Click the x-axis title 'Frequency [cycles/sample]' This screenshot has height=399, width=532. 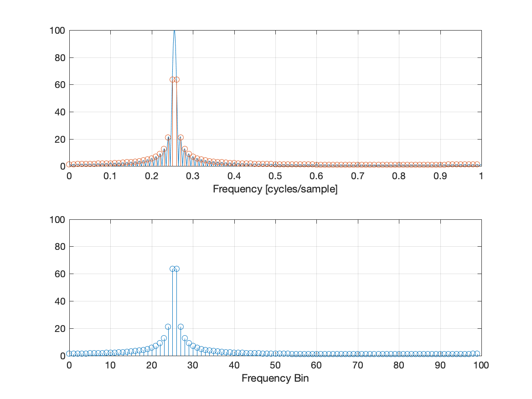(275, 189)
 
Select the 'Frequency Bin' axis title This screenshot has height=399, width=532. (275, 378)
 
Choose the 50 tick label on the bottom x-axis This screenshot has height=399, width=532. (275, 365)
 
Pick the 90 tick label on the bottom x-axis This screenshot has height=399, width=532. (440, 365)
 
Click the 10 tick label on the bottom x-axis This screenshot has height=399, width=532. (110, 365)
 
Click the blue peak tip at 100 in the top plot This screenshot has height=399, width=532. (174, 31)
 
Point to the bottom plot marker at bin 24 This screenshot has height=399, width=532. (168, 326)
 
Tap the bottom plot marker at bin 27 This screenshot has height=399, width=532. (181, 326)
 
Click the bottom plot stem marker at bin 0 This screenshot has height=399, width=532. (69, 353)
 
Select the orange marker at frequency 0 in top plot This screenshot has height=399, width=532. (69, 164)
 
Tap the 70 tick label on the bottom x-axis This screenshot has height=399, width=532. (357, 365)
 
